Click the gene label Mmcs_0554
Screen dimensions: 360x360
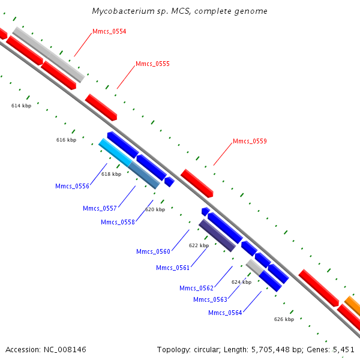109,31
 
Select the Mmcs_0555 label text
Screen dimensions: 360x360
152,64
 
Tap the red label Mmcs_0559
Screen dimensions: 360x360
250,141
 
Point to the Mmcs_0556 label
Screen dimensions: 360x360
72,186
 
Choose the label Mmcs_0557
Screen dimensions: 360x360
100,208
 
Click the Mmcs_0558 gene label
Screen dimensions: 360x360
118,222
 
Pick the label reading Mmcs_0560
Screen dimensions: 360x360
153,251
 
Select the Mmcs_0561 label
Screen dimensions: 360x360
173,268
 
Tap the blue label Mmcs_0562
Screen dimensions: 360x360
197,288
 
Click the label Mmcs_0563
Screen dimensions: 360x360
211,299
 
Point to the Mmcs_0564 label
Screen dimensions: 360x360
225,313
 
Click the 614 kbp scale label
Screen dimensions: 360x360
22,106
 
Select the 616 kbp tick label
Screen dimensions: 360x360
67,140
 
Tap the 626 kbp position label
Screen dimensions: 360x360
284,319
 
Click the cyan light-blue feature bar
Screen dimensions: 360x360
115,152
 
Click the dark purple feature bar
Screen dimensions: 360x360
217,235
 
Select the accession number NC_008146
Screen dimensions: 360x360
65,350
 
